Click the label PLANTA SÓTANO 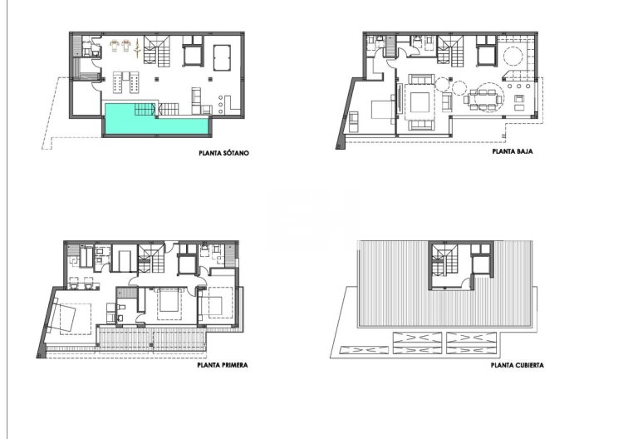(224, 153)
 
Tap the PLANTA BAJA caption (512, 153)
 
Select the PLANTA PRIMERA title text (223, 364)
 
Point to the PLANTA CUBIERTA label (518, 364)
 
